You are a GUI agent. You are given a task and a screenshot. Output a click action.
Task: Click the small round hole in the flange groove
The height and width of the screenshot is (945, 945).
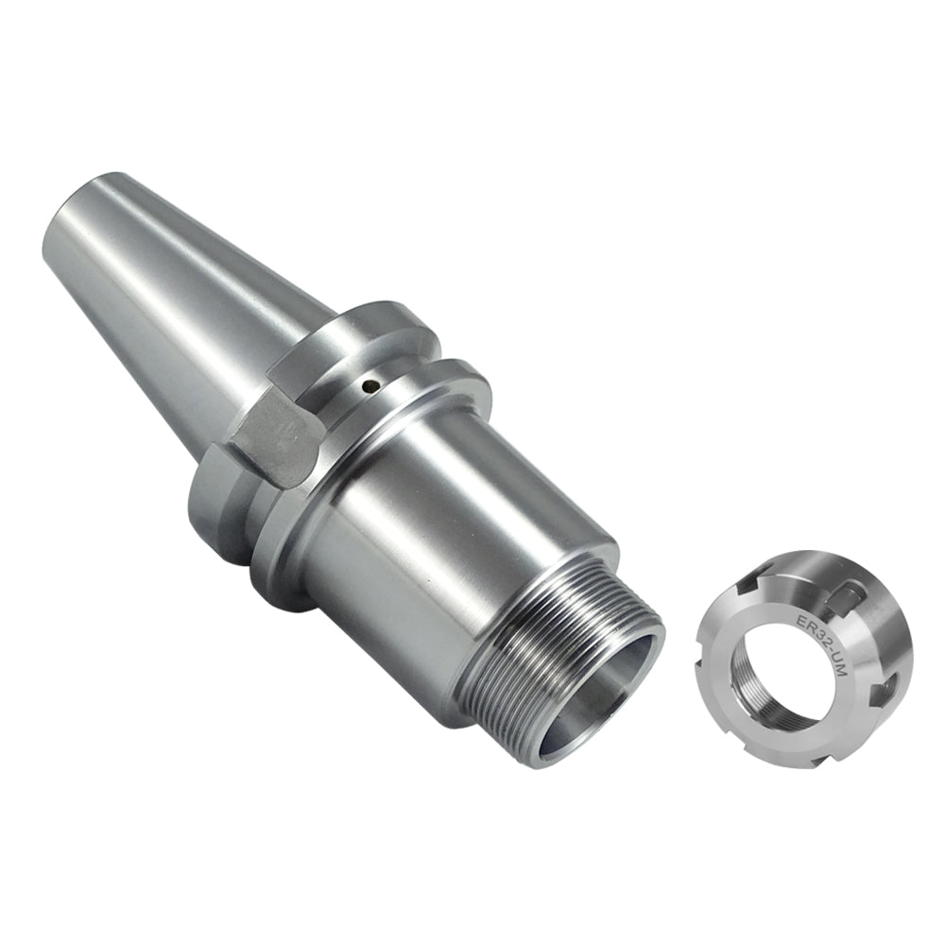point(372,385)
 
